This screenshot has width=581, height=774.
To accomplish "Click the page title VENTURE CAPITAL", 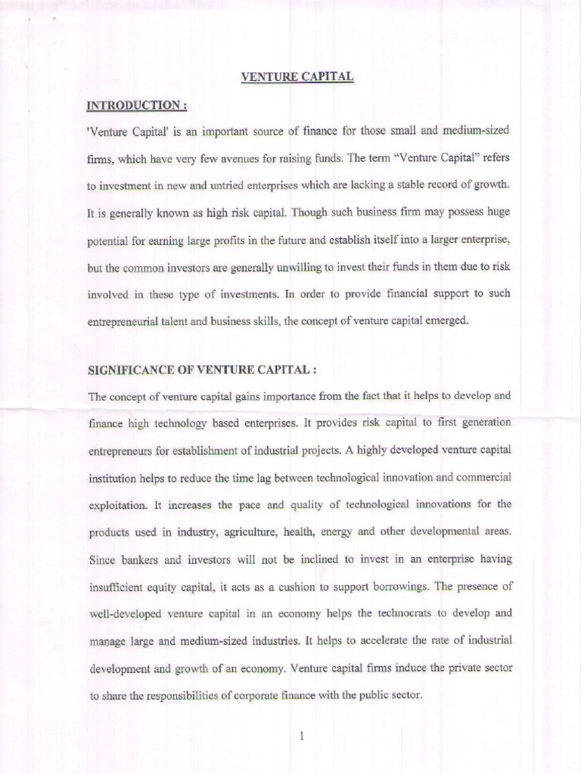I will pyautogui.click(x=297, y=76).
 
